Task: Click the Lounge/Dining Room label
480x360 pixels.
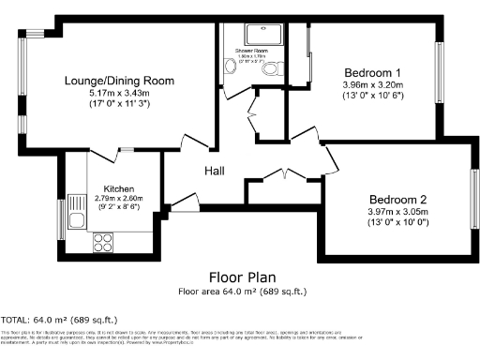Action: click(119, 81)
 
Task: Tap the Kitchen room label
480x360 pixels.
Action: click(119, 187)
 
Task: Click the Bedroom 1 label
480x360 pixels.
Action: click(372, 72)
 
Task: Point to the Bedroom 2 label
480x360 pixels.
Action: click(397, 199)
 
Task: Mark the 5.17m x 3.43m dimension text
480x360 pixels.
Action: click(119, 95)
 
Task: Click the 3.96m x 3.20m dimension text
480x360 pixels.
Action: click(372, 84)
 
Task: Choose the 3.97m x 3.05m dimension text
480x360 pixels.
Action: click(397, 212)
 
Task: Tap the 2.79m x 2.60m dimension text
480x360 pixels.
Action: click(119, 198)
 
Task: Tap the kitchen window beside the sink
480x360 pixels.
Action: click(62, 218)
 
